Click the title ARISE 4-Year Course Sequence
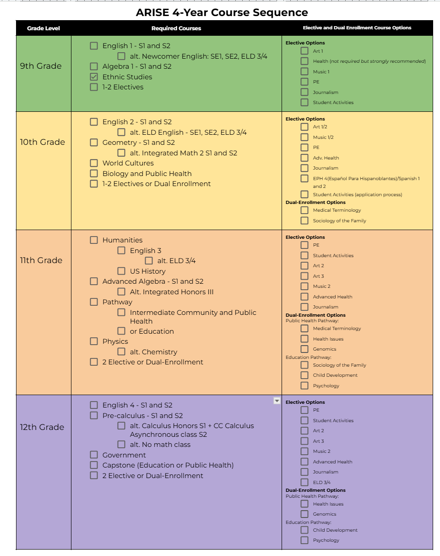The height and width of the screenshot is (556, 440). [x=222, y=12]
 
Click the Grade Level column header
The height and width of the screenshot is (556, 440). [x=43, y=28]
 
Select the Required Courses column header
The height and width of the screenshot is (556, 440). [x=176, y=28]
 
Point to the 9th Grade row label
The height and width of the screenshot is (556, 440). [x=41, y=66]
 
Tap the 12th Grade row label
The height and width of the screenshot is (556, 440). [x=42, y=427]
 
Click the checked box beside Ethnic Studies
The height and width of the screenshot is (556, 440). [x=94, y=77]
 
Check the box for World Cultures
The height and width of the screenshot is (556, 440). [x=94, y=163]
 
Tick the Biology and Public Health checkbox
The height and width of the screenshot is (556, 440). [x=94, y=174]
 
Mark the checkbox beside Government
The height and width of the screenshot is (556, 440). [x=94, y=455]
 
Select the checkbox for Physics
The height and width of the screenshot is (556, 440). [x=94, y=341]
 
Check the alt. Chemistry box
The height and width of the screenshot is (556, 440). [x=121, y=352]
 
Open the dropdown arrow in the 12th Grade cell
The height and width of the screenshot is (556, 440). [x=277, y=401]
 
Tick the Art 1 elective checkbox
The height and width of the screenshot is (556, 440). [x=304, y=51]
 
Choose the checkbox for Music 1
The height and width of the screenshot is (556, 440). [x=304, y=72]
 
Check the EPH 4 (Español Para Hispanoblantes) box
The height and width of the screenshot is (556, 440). [x=304, y=178]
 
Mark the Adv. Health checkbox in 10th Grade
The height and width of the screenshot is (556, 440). [x=304, y=158]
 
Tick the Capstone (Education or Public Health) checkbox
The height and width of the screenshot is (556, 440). [x=94, y=465]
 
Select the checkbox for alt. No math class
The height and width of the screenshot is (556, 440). [x=121, y=445]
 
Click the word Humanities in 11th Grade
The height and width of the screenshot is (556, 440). [x=122, y=240]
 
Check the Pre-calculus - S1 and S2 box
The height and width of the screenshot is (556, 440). [x=94, y=416]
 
